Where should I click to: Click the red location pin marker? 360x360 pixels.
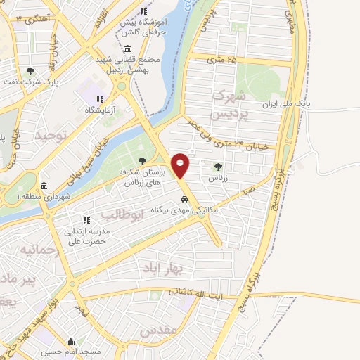181,165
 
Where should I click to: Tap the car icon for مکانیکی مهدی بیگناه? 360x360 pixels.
184,198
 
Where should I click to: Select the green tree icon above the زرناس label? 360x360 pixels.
217,167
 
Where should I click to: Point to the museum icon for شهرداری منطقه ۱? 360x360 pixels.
44,186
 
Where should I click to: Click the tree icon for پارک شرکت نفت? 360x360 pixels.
30,71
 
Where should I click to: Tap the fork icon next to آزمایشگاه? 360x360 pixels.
100,99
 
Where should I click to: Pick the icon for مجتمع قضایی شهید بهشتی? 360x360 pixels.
127,49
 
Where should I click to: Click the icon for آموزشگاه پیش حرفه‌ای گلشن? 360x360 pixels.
144,12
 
